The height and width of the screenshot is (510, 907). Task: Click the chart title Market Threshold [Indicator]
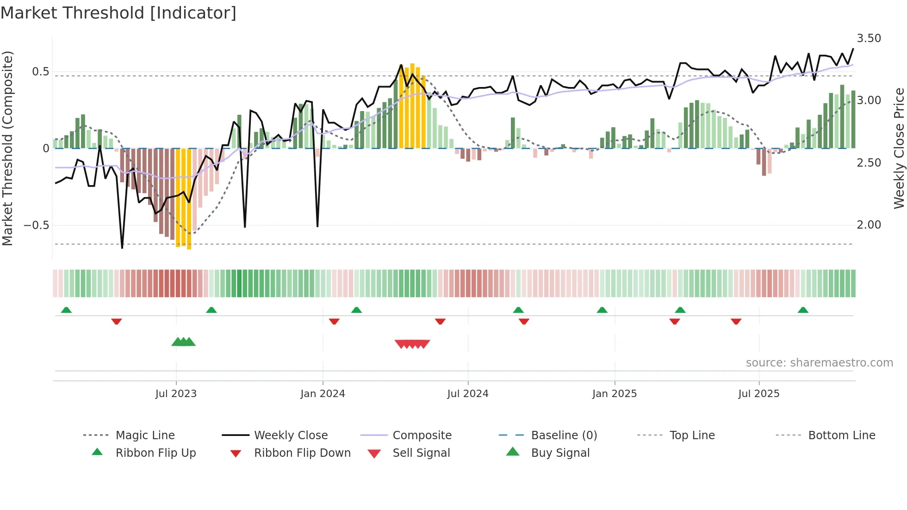[x=118, y=13]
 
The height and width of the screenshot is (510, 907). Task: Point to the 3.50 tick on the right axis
[x=869, y=38]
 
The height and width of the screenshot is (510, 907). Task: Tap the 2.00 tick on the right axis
[x=869, y=225]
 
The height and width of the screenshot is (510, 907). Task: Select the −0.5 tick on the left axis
[x=36, y=225]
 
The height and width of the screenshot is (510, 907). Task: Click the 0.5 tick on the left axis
[x=40, y=72]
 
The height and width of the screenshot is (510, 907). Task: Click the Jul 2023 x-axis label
[x=176, y=394]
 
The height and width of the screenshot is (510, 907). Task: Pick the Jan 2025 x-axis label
[x=614, y=394]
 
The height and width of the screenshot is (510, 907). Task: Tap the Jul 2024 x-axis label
[x=467, y=394]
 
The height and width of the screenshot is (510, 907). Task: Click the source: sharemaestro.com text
[x=819, y=363]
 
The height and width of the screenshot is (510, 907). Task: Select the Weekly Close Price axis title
[x=899, y=148]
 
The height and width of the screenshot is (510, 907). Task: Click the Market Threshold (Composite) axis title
[x=7, y=148]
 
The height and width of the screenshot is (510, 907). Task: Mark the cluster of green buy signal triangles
[x=184, y=342]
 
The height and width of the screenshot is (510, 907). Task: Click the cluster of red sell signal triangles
[x=412, y=344]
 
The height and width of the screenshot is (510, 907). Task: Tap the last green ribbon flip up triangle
[x=803, y=310]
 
